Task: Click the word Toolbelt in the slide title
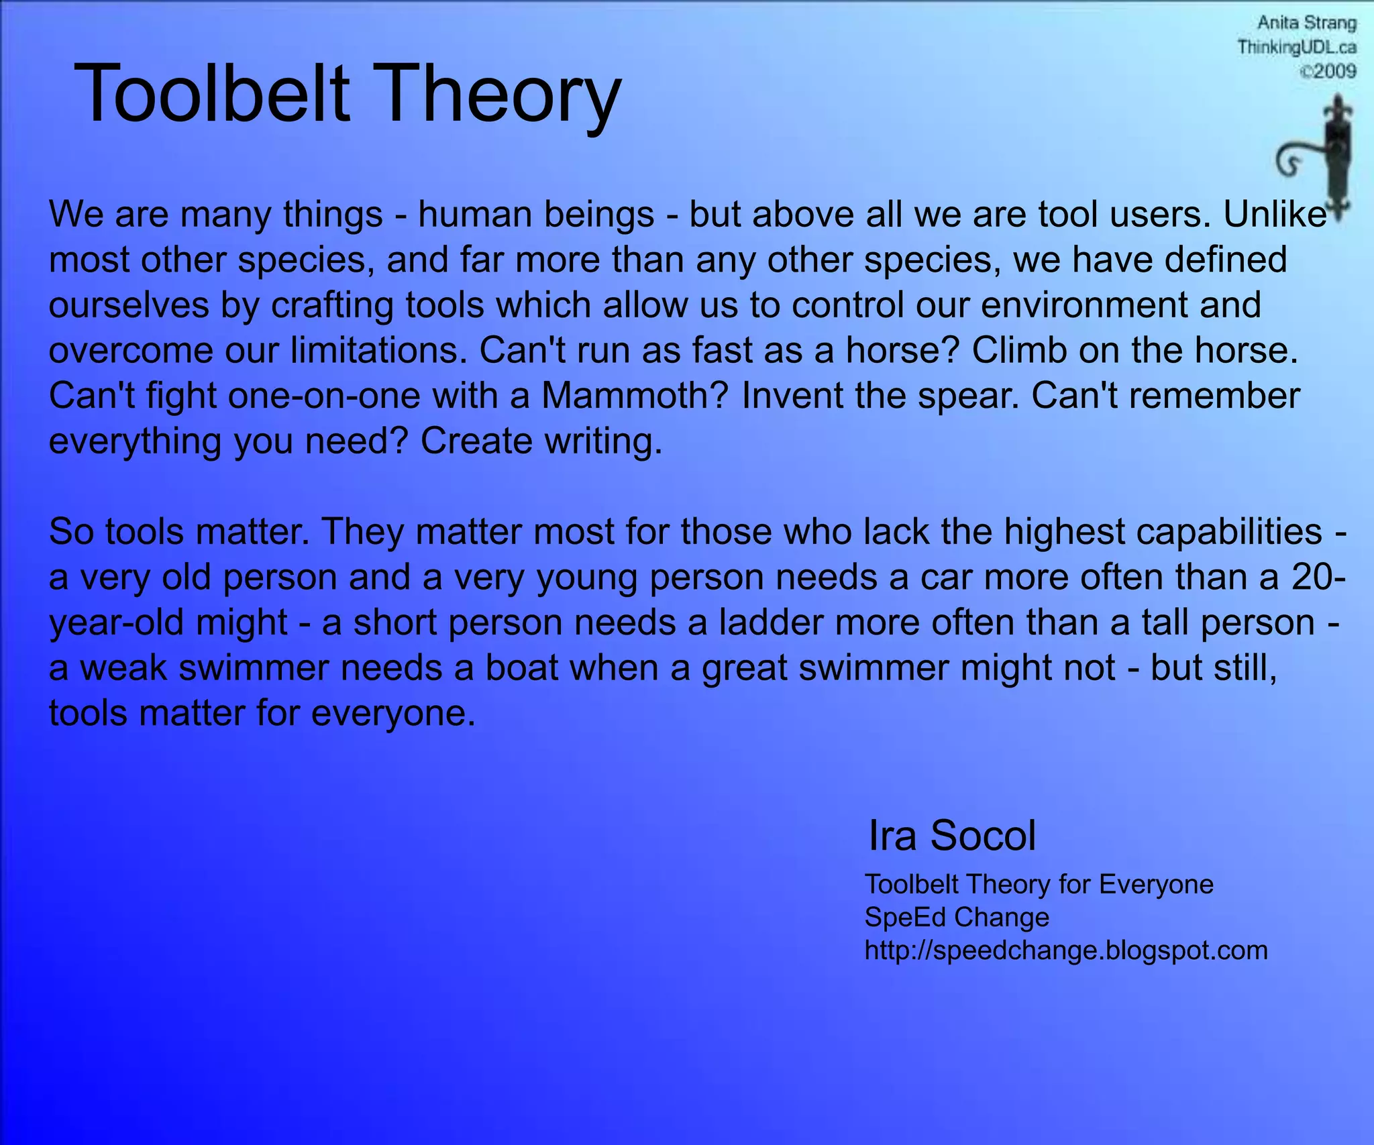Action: pyautogui.click(x=212, y=94)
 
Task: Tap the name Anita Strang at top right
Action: pyautogui.click(x=1306, y=23)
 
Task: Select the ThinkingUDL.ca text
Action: pyautogui.click(x=1296, y=48)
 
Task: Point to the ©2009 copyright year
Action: pyautogui.click(x=1328, y=71)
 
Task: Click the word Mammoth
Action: pyautogui.click(x=634, y=396)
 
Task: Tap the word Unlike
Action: pyautogui.click(x=1274, y=215)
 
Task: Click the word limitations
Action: pyautogui.click(x=379, y=350)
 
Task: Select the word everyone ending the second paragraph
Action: pyautogui.click(x=392, y=713)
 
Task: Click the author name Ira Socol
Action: pyautogui.click(x=951, y=836)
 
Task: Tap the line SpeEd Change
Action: pyautogui.click(x=956, y=917)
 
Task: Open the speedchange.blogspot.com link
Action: pyautogui.click(x=1065, y=950)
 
